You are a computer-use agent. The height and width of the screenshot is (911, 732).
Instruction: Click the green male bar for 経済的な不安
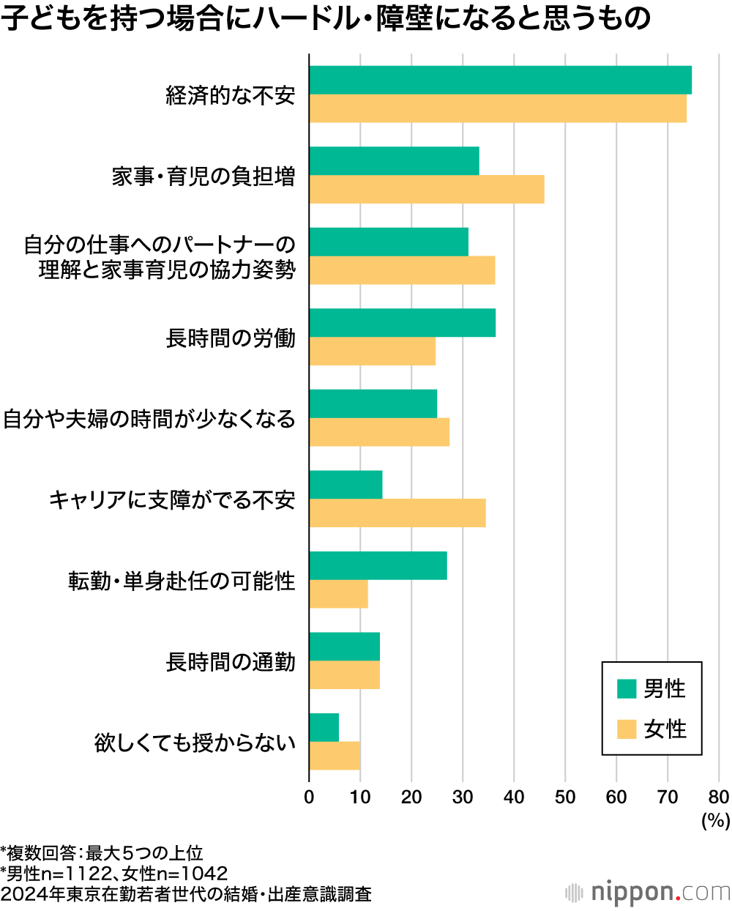pos(500,80)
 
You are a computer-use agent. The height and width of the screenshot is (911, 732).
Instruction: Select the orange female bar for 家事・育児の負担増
pos(427,190)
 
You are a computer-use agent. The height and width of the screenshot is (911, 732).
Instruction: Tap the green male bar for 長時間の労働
pos(402,323)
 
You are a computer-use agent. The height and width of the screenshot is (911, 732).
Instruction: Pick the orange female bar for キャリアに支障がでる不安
pos(397,513)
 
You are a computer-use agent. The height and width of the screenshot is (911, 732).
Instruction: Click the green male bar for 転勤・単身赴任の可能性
pos(378,565)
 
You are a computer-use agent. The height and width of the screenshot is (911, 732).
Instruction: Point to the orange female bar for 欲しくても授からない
pos(335,756)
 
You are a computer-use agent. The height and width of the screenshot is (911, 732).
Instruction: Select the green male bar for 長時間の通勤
pos(344,647)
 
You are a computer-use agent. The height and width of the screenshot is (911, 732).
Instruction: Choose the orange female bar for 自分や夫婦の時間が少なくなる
pos(379,432)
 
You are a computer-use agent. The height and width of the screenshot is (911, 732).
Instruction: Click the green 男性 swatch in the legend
pos(627,688)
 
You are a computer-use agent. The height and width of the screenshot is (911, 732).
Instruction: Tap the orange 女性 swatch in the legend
pos(627,729)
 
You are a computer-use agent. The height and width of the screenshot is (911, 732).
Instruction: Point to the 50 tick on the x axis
pos(565,797)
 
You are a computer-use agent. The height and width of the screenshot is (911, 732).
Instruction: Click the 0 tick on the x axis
pos(309,797)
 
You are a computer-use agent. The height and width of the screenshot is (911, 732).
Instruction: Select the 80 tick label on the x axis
pos(719,797)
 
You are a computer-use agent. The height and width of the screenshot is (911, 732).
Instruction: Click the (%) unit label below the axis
pos(715,820)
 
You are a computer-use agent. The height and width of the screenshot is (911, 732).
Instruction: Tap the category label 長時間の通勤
pos(231,662)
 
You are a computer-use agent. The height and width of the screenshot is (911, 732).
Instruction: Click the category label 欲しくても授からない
pos(195,743)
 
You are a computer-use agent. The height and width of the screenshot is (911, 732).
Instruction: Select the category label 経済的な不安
pos(231,95)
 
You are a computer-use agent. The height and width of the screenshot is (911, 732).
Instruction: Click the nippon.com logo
pos(649,892)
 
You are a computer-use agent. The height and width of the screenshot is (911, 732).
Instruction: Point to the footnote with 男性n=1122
pos(114,874)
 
